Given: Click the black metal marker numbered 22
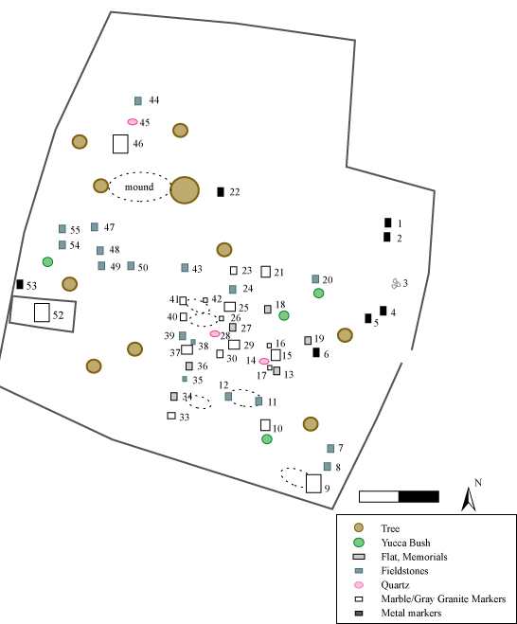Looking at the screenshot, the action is coord(221,192).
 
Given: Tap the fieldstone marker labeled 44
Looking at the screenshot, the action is coord(138,100).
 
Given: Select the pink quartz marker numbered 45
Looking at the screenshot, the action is coord(133,122).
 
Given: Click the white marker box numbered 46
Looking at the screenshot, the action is coord(120,144).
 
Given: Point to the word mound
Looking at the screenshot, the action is coord(139,187).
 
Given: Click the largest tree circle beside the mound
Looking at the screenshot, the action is coord(185,190).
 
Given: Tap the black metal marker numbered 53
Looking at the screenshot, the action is coord(20,284).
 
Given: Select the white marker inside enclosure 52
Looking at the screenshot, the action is coord(42,312).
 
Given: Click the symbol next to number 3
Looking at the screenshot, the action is coord(396,283).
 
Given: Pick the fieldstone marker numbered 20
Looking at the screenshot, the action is coord(315,279).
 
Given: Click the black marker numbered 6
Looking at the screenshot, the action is coord(316,352).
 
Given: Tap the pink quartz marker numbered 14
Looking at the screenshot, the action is coord(264,362).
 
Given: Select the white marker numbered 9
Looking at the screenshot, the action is coord(313,484).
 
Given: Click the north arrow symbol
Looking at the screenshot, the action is coord(469,499).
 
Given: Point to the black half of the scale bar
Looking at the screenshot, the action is coord(419,497).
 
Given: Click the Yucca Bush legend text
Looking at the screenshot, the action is coord(405,543).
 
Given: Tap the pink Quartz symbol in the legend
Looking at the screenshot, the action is coord(359,584).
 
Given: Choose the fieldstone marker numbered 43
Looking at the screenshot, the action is coord(185,267).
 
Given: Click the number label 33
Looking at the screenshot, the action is coord(185,417).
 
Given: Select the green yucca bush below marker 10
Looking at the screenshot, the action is coord(267,439).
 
